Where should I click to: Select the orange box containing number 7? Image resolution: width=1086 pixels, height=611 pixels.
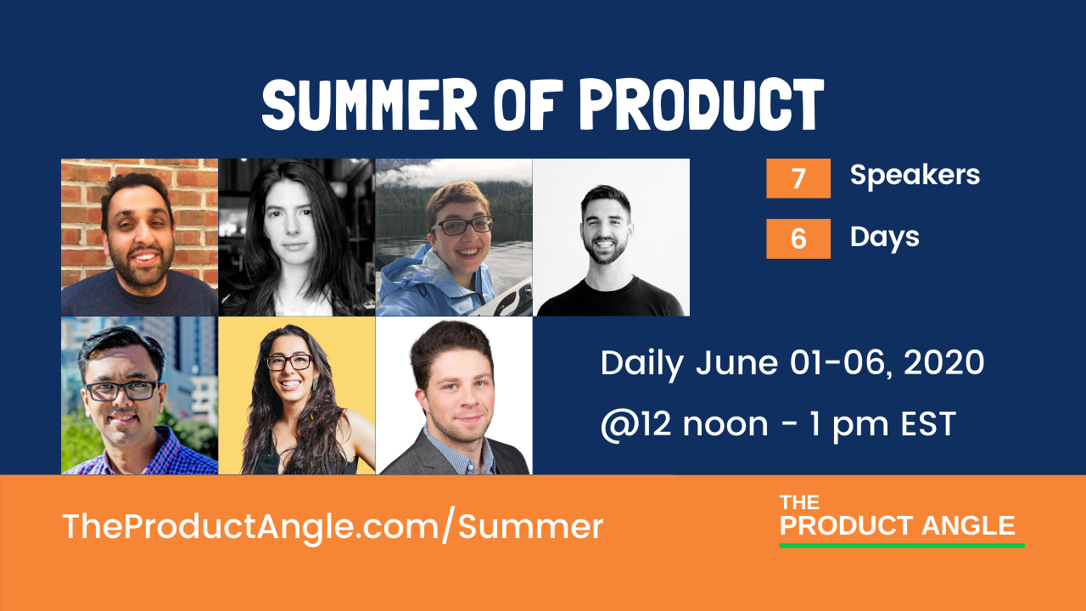pos(798,179)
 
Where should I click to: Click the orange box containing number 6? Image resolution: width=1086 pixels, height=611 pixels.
pos(798,238)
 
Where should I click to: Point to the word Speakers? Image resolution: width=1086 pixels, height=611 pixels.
pos(915,175)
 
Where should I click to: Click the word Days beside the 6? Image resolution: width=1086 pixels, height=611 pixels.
pos(884,237)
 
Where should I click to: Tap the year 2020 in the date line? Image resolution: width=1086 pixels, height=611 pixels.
pos(943,363)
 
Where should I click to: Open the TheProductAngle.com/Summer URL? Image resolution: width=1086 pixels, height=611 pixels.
pos(333,527)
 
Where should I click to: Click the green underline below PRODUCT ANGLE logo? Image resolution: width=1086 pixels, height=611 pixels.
pos(901,545)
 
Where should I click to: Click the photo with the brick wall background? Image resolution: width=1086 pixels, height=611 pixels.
pos(139,237)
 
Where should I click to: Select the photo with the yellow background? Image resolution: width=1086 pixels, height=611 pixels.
pos(297,395)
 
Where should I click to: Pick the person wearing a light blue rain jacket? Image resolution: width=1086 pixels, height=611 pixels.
pos(454,237)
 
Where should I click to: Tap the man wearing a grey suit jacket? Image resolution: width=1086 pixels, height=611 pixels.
pos(454,395)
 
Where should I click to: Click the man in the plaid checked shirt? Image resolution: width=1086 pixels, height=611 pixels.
pos(139,395)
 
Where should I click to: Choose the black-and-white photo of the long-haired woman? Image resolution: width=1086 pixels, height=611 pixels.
pos(297,237)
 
